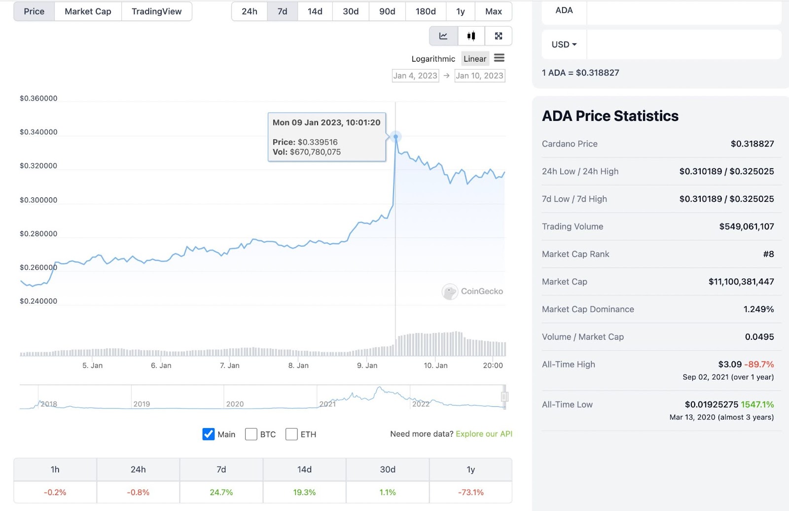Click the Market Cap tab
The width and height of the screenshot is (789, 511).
coord(88,11)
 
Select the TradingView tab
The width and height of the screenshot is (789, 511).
coord(156,11)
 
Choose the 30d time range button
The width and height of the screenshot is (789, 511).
coord(351,11)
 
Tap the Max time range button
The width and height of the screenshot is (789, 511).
coord(493,11)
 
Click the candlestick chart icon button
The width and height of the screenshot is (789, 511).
coord(471,36)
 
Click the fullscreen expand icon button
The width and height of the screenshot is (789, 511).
coord(499,36)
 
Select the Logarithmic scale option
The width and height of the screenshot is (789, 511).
coord(433,59)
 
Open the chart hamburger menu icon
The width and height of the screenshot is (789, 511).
coord(499,58)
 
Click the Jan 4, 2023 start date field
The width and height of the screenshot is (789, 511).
coord(415,75)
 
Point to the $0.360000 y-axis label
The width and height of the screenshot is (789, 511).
coord(38,98)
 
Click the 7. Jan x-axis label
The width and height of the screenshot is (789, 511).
coord(230,365)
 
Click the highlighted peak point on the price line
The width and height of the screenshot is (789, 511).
coord(395,137)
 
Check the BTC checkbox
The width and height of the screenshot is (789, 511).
coord(251,434)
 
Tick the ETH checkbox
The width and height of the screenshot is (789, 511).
coord(291,434)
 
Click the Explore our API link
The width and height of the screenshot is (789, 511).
coord(484,434)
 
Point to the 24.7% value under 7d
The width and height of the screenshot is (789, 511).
coord(221,492)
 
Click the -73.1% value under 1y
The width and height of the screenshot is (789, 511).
coord(471,492)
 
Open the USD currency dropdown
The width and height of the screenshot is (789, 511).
coord(564,44)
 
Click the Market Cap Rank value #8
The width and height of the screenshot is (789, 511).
coord(768,254)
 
